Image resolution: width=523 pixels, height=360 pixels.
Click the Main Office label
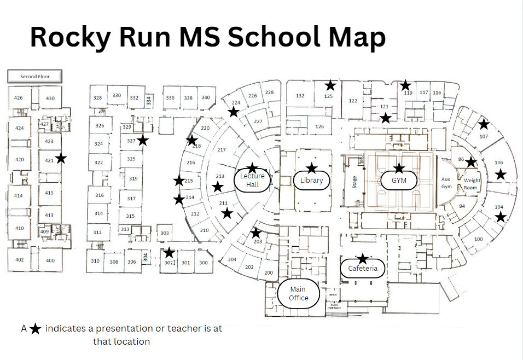tap(298, 293)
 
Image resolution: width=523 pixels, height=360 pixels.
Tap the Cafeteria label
tap(362, 268)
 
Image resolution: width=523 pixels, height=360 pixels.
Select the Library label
tap(311, 181)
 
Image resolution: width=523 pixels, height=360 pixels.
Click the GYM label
tap(399, 180)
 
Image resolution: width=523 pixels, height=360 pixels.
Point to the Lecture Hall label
tap(252, 180)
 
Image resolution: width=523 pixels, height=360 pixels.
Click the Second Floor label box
tap(35, 77)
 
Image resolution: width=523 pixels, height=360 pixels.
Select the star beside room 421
tap(61, 158)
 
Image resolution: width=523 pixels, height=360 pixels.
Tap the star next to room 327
tap(143, 140)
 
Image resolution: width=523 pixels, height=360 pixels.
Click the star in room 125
tap(330, 85)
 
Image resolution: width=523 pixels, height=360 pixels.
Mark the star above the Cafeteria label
tap(362, 258)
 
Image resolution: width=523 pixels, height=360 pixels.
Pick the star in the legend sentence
tap(36, 329)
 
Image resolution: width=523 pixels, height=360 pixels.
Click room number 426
tap(19, 98)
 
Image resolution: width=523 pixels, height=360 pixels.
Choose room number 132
tap(300, 96)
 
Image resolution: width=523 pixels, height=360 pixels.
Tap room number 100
tap(479, 239)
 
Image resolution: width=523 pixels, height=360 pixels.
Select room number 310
tap(95, 261)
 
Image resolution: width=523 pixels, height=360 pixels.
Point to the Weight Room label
tap(472, 184)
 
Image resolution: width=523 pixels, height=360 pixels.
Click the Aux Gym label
tap(447, 183)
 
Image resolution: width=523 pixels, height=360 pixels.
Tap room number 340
tap(205, 97)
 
